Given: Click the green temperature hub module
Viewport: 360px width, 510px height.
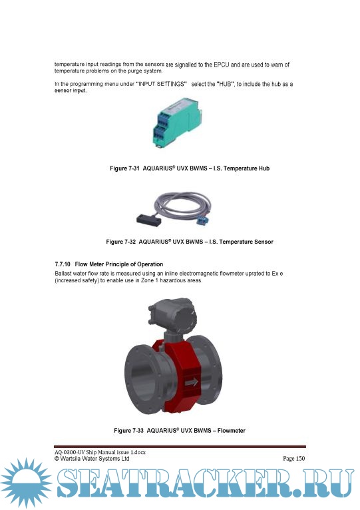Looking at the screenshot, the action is [178, 122].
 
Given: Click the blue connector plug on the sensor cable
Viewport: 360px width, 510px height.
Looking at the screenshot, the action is [202, 220].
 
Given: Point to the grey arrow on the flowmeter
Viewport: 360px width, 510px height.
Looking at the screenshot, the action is [192, 382].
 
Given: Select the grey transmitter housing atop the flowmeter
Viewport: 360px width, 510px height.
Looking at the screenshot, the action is [172, 314].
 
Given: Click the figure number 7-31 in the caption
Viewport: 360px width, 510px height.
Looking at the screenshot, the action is [134, 168].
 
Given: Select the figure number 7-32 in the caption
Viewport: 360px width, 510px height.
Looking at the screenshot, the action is [130, 242].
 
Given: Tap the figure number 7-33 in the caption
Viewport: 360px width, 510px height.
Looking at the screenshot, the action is [138, 431].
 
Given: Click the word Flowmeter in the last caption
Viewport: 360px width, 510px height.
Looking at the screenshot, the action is [231, 431].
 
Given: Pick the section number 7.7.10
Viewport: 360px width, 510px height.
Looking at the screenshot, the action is [63, 264].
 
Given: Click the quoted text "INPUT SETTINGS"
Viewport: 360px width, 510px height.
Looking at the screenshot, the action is [161, 84].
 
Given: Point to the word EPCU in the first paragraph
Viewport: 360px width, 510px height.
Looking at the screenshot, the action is [222, 65].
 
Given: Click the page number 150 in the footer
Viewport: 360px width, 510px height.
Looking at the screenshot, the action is [301, 459].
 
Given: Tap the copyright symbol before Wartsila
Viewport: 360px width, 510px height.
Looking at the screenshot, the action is [57, 459].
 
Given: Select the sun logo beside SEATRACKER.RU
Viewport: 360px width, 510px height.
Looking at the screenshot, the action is [26, 483].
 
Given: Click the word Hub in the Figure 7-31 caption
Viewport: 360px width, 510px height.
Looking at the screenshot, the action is [264, 168].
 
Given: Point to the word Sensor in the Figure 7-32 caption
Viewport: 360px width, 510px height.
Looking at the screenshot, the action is [264, 242].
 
